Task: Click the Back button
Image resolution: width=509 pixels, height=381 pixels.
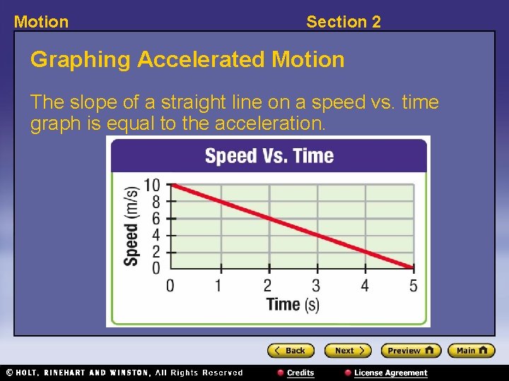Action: click(291, 351)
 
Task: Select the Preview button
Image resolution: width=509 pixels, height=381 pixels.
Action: click(411, 351)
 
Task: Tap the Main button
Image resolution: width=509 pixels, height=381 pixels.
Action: click(472, 351)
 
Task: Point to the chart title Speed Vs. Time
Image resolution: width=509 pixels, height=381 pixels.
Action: click(269, 155)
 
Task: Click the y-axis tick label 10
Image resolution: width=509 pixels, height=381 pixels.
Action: click(152, 186)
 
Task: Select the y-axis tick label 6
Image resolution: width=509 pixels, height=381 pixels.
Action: click(156, 219)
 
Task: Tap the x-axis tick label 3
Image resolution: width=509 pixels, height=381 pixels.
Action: click(316, 286)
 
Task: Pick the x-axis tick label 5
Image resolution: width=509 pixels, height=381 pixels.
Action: click(414, 286)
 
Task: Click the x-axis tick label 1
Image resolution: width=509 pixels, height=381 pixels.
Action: click(218, 286)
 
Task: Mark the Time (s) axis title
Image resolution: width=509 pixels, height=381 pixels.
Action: click(293, 305)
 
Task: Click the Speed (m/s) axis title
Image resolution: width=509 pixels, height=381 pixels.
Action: click(131, 226)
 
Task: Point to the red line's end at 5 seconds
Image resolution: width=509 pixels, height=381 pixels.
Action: click(413, 267)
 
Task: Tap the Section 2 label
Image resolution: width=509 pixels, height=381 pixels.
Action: click(343, 22)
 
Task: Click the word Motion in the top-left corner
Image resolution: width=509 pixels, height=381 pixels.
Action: click(41, 22)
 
